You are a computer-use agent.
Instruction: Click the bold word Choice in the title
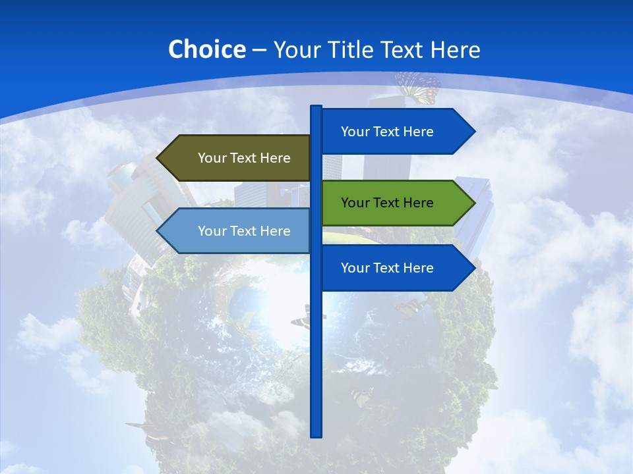click(206, 49)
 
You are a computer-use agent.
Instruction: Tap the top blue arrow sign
click(389, 132)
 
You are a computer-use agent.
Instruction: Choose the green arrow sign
click(389, 203)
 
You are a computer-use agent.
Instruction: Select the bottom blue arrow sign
click(389, 268)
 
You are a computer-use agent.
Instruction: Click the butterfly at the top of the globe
click(418, 88)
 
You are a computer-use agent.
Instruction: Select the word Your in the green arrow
click(355, 203)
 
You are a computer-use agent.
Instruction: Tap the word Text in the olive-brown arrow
click(244, 158)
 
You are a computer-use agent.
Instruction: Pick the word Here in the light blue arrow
click(276, 231)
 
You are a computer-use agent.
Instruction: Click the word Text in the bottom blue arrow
click(387, 268)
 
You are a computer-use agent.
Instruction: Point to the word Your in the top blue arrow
click(355, 132)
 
